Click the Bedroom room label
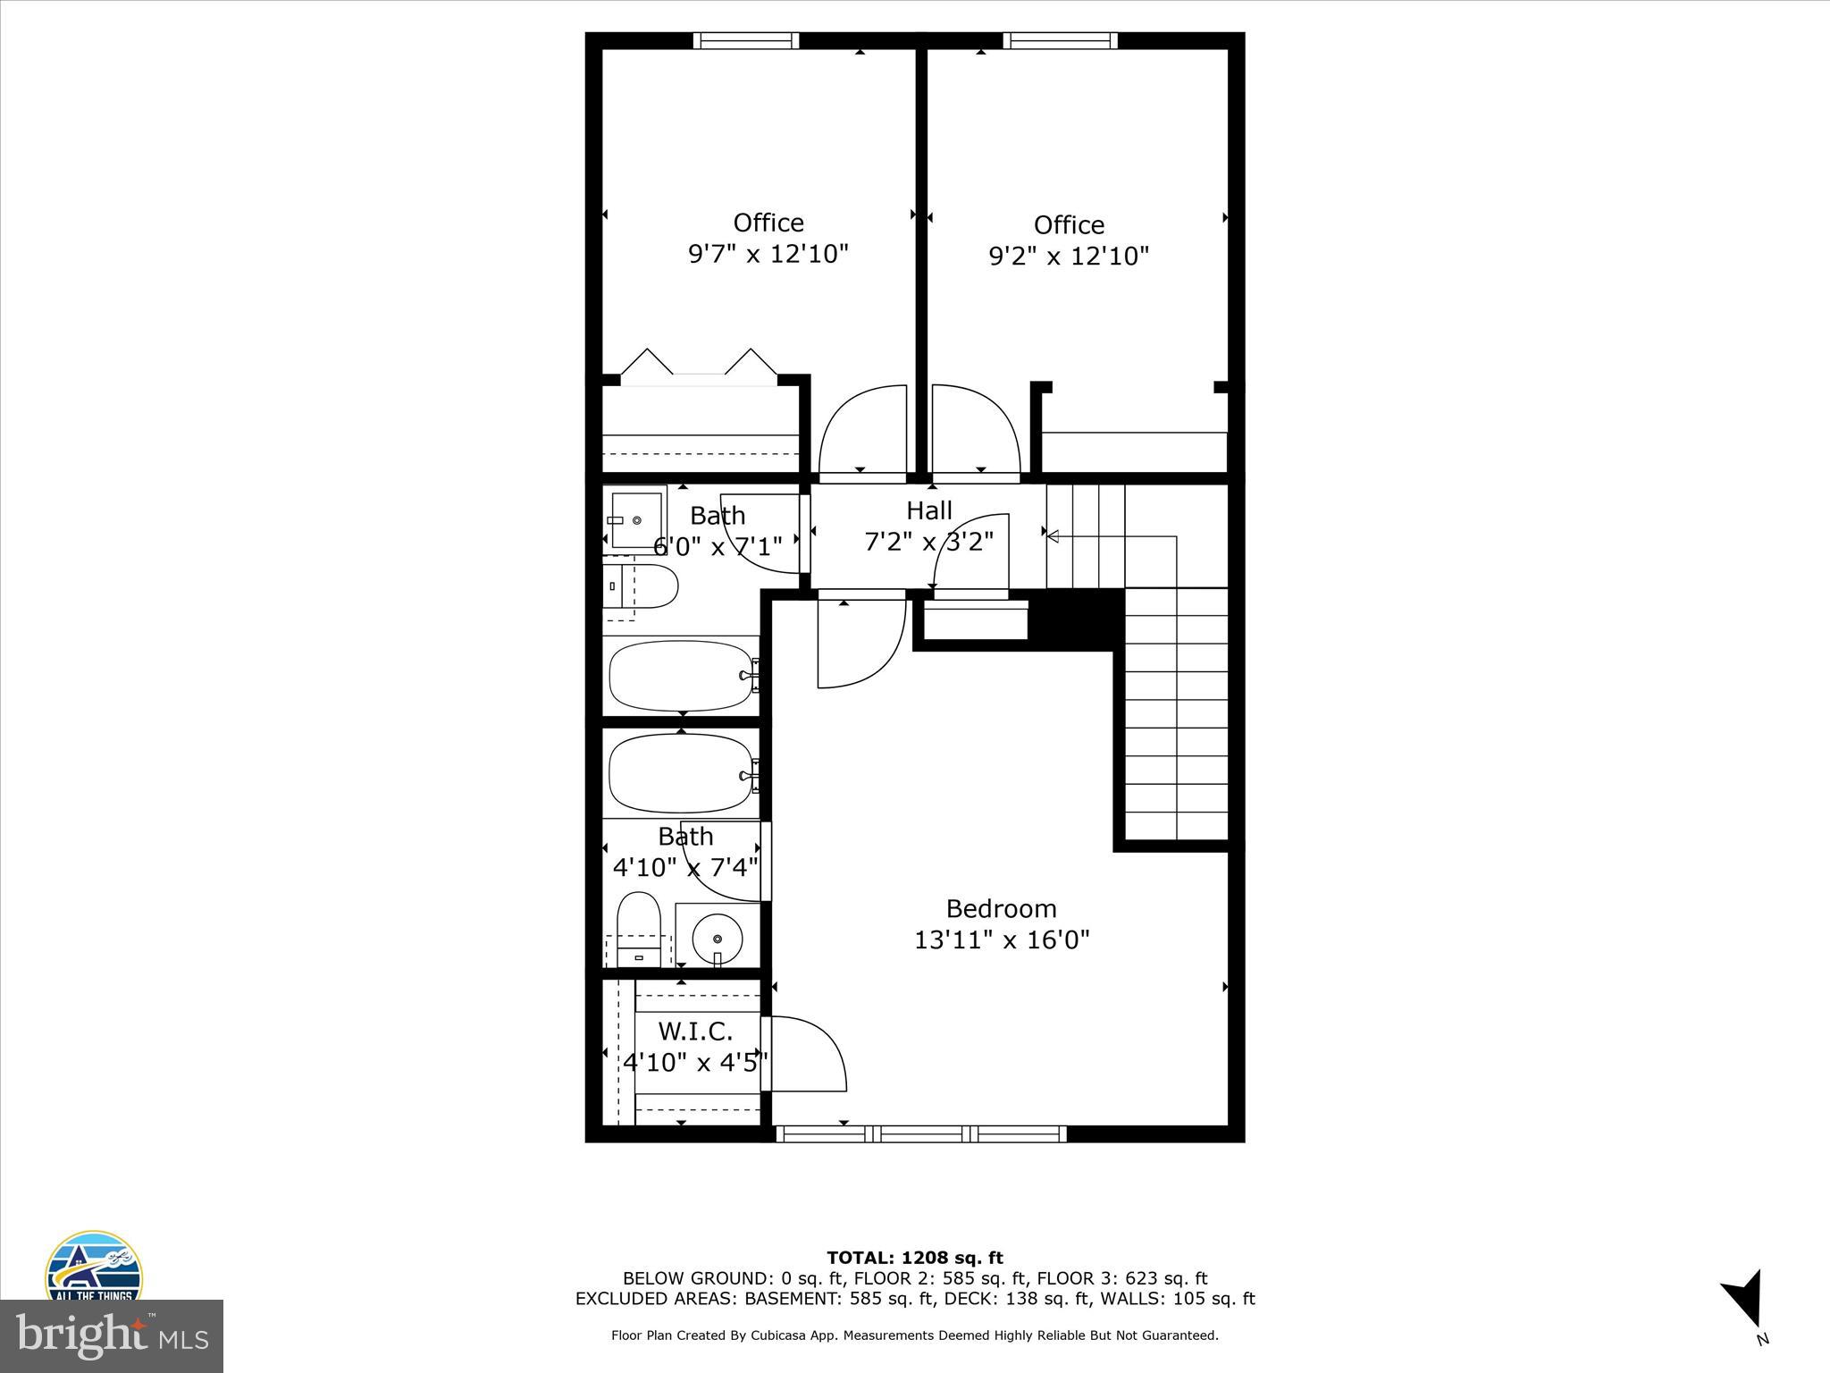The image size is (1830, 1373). (1001, 908)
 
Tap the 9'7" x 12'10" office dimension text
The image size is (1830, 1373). (768, 254)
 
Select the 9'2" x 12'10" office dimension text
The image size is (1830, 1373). (1068, 257)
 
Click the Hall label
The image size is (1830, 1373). (929, 510)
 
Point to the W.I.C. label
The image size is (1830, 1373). (695, 1032)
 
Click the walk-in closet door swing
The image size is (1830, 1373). (807, 1053)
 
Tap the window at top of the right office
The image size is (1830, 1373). (1060, 40)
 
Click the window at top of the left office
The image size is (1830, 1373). (746, 40)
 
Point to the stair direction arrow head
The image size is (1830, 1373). (1053, 536)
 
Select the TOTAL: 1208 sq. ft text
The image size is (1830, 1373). (915, 1258)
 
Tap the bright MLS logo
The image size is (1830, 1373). (112, 1335)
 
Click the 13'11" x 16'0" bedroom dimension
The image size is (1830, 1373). (1001, 940)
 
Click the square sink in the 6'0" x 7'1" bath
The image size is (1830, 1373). (635, 519)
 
